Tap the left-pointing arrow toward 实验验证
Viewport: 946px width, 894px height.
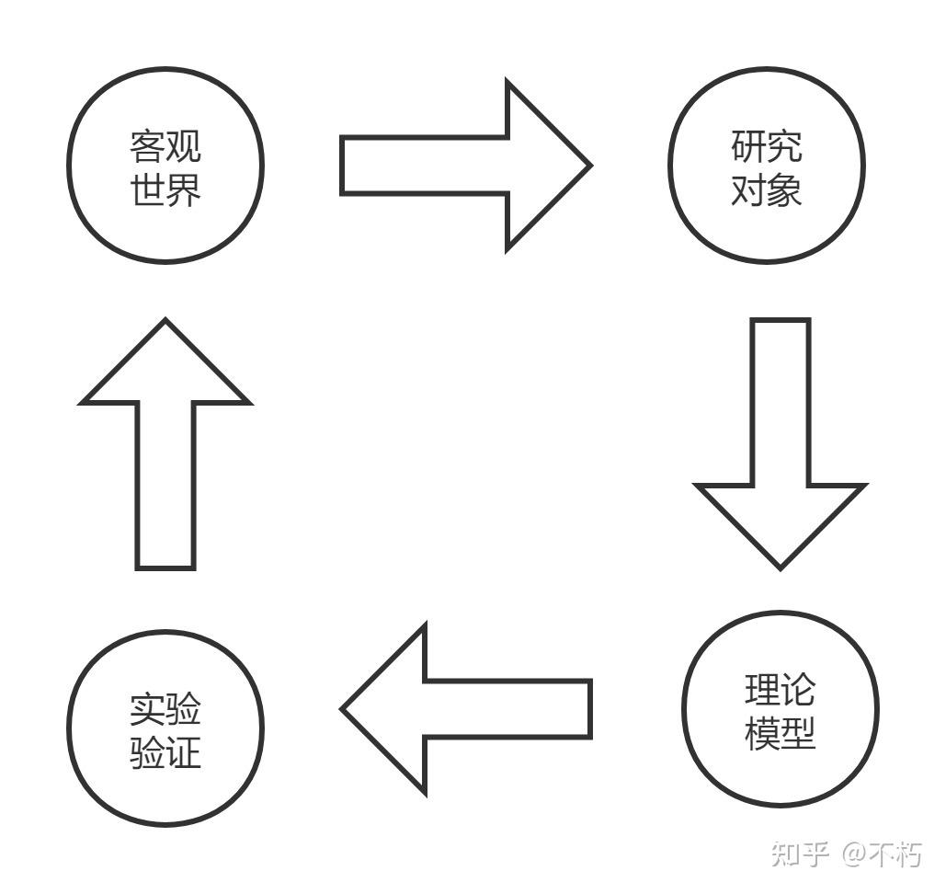(469, 708)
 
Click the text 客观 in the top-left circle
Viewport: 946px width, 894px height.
(165, 147)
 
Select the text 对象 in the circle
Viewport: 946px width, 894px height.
(766, 190)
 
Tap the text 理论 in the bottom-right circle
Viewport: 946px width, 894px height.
(780, 691)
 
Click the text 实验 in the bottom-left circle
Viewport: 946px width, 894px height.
(165, 709)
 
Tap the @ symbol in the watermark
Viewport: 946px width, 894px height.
(854, 854)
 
